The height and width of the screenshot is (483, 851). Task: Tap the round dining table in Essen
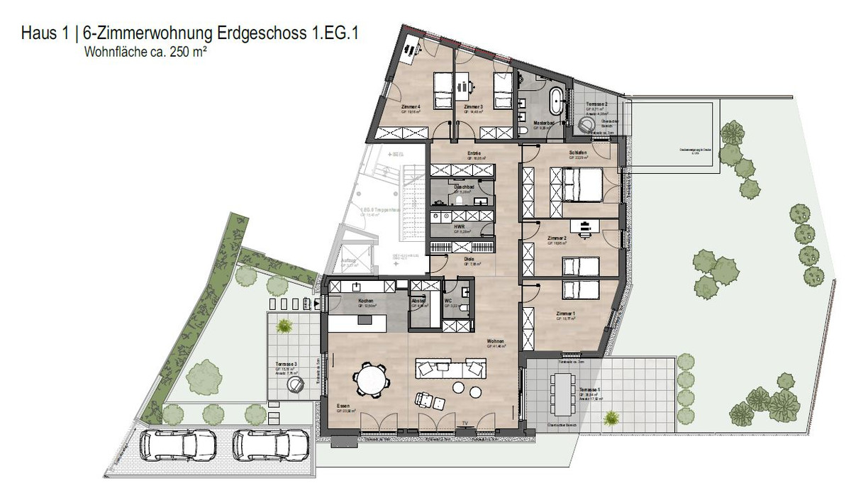click(x=372, y=379)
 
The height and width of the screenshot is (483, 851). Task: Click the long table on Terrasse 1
click(x=563, y=394)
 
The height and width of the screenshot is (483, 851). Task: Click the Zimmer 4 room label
click(x=411, y=107)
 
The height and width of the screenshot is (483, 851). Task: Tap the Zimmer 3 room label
click(x=473, y=107)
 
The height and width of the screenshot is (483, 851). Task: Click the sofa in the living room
click(x=450, y=369)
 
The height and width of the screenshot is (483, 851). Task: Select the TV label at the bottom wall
click(x=465, y=423)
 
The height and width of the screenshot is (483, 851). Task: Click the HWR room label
click(x=459, y=227)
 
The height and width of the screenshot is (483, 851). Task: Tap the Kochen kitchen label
click(x=366, y=301)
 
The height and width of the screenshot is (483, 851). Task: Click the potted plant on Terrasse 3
click(x=284, y=326)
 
